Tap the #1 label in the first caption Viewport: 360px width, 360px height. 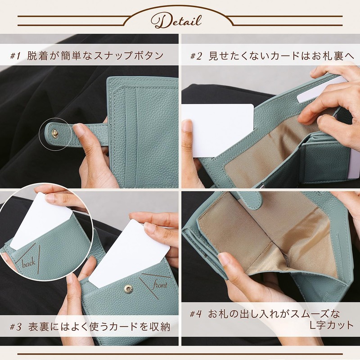[16, 56]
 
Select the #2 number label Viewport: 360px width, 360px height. [196, 56]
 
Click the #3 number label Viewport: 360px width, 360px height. [16, 327]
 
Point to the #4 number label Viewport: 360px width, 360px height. [196, 314]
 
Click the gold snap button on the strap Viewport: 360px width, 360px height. [54, 133]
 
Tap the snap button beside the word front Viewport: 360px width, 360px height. [128, 289]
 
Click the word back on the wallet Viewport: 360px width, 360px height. [29, 263]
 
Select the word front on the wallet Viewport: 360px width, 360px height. [160, 285]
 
